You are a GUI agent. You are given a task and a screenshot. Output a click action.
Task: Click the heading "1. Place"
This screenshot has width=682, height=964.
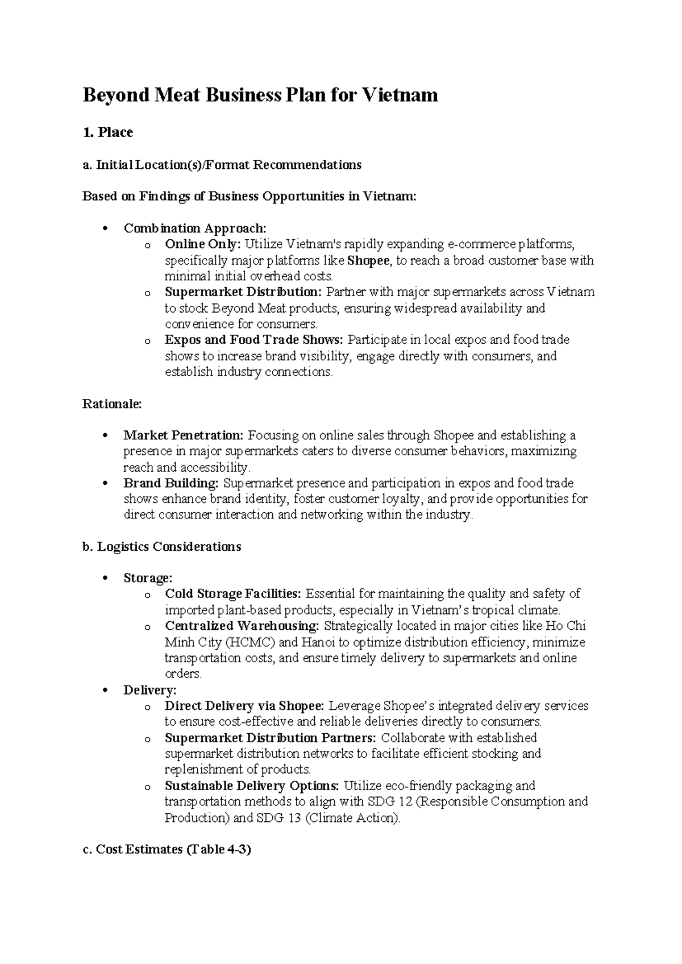click(108, 132)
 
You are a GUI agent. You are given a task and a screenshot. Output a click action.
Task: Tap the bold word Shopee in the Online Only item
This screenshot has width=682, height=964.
click(369, 261)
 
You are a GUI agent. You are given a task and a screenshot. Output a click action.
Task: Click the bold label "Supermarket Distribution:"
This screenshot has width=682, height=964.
click(243, 293)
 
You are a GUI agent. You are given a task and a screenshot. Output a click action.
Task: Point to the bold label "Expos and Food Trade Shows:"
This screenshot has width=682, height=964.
click(254, 340)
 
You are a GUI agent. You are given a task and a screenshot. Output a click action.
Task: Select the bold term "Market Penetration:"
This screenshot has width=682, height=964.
click(184, 436)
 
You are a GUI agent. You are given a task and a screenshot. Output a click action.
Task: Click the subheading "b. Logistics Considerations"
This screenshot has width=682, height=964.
click(162, 547)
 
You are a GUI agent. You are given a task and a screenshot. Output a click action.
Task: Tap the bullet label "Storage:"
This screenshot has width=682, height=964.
click(148, 579)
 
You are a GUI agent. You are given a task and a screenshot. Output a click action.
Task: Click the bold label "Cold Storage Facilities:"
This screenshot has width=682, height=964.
click(233, 595)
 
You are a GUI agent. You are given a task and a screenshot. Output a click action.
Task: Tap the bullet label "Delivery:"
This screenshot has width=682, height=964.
click(150, 691)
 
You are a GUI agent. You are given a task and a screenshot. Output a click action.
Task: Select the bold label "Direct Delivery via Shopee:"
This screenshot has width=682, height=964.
click(244, 707)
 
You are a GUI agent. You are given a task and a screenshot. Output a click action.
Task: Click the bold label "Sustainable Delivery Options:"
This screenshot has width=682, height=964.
click(252, 787)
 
